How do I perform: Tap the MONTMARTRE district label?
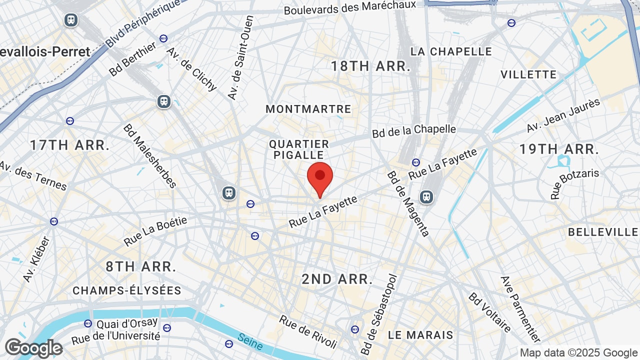(x=308, y=109)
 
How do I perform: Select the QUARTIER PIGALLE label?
(x=299, y=149)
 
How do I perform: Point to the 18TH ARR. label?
(x=370, y=66)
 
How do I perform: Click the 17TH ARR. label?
(x=69, y=145)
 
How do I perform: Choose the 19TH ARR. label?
(x=559, y=149)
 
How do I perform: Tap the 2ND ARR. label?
(x=337, y=279)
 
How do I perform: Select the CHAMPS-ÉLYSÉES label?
(x=127, y=290)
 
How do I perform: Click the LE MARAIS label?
(x=420, y=334)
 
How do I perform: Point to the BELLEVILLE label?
(x=603, y=232)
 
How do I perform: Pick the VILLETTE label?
(x=528, y=74)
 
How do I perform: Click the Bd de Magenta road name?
(x=408, y=203)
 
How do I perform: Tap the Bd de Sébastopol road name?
(x=378, y=314)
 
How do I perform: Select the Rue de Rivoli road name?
(x=308, y=331)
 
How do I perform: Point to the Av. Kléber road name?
(x=36, y=258)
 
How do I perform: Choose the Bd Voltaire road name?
(x=489, y=312)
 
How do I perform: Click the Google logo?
(x=33, y=348)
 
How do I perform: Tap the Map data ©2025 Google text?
(x=578, y=352)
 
